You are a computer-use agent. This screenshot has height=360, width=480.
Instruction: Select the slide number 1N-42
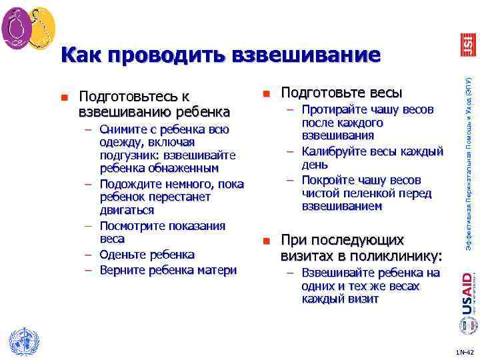click(464, 351)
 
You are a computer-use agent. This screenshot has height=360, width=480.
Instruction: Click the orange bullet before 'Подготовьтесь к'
click(64, 97)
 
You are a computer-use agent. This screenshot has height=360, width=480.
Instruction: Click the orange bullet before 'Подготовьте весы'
click(265, 92)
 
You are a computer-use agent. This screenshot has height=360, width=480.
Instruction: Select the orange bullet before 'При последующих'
click(265, 241)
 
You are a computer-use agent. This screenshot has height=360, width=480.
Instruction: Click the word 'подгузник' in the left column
click(128, 155)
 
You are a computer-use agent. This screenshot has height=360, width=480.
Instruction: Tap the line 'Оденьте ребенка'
click(147, 255)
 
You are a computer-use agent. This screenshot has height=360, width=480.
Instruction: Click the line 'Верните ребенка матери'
click(168, 269)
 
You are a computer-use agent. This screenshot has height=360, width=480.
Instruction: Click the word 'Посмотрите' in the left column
click(132, 226)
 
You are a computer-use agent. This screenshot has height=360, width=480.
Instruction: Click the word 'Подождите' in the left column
click(129, 183)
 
